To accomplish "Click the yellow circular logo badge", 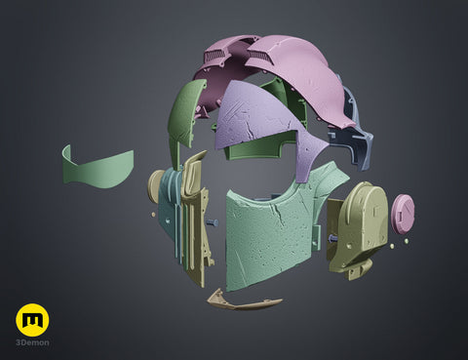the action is (32, 320).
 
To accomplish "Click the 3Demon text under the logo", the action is (32, 342).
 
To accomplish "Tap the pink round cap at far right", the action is (403, 214).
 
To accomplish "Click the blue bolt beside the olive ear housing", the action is (333, 239).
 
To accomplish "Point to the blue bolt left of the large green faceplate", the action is (213, 222).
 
